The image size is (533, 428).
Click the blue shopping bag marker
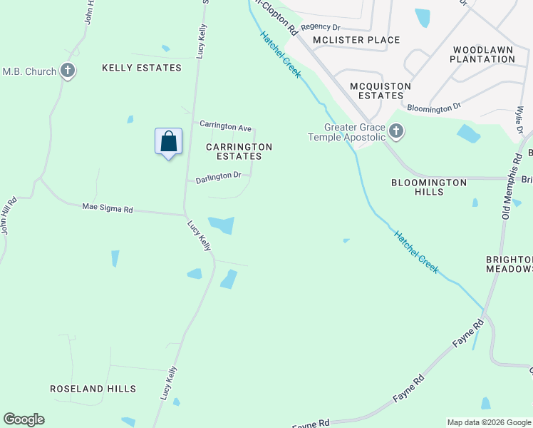click(x=168, y=141)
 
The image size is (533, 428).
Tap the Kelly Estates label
click(x=142, y=68)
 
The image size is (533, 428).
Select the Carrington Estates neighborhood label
click(x=239, y=151)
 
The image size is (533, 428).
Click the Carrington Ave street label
click(x=225, y=126)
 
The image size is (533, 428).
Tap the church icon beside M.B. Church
click(x=68, y=71)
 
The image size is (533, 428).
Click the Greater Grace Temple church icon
click(x=397, y=131)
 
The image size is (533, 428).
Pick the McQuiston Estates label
click(x=381, y=91)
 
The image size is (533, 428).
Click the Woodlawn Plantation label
click(x=482, y=54)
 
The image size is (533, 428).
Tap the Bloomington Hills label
click(x=429, y=188)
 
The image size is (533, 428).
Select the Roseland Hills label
click(x=93, y=389)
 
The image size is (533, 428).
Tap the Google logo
click(x=24, y=419)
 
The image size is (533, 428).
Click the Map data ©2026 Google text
click(x=488, y=422)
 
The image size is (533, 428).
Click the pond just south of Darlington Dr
click(x=222, y=225)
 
